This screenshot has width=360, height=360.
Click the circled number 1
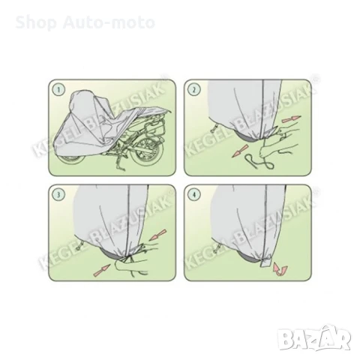(58, 89)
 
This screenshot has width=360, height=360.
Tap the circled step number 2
(194, 89)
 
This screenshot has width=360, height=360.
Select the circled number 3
(58, 195)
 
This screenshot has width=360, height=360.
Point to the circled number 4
(194, 195)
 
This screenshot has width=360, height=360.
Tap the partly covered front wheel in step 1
(72, 160)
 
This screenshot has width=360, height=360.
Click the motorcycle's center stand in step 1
(120, 163)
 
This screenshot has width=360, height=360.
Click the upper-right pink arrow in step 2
(291, 119)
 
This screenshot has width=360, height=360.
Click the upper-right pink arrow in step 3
(159, 235)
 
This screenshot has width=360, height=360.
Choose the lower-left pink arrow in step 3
(102, 270)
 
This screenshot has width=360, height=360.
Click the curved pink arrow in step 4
(280, 269)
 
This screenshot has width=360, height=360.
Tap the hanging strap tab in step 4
(265, 263)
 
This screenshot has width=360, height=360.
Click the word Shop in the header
(36, 22)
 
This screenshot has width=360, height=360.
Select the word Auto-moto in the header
(109, 22)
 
